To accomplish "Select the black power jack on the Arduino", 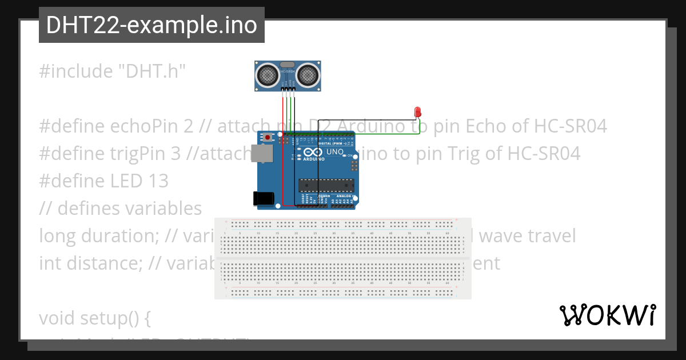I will pyautogui.click(x=262, y=198).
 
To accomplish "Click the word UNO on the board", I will pyautogui.click(x=334, y=153).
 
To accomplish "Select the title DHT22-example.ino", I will pyautogui.click(x=151, y=25).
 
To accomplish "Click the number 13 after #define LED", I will pyautogui.click(x=158, y=181).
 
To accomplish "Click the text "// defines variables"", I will pyautogui.click(x=120, y=209).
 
